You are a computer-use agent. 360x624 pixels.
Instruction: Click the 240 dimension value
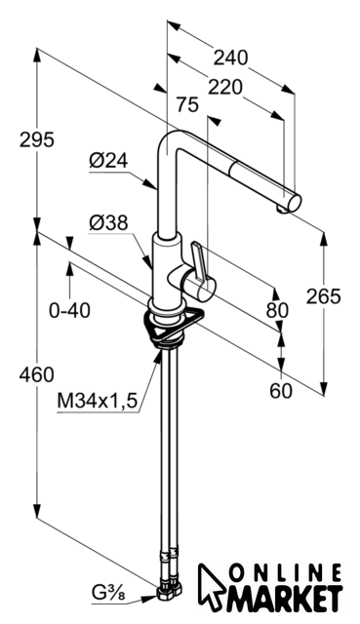click(x=230, y=58)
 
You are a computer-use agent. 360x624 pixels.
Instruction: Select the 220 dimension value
click(x=225, y=88)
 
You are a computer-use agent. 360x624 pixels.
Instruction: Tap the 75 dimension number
click(x=187, y=105)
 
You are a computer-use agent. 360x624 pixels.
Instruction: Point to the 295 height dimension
click(x=37, y=140)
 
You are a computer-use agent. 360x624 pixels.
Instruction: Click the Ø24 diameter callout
click(x=108, y=161)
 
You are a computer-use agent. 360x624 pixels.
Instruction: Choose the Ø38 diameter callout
click(x=108, y=223)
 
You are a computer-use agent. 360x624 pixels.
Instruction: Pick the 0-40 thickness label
click(x=69, y=310)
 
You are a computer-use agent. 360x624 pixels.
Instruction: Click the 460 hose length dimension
click(x=37, y=374)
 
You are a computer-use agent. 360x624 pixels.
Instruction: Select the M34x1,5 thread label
click(x=98, y=401)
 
